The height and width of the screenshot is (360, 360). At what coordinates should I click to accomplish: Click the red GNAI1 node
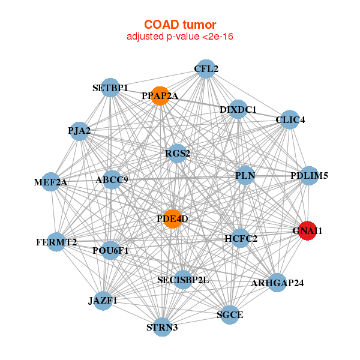tap(307, 231)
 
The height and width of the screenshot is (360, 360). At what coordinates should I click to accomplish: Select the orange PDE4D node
tap(172, 219)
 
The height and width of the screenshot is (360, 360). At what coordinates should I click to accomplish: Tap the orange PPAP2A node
tap(160, 96)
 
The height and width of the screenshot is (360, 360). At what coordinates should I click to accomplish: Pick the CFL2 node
tap(206, 69)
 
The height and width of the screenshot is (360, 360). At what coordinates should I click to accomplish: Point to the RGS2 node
tap(177, 154)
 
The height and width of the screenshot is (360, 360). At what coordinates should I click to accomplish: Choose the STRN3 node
tap(162, 327)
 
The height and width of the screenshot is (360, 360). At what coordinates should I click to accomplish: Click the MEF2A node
tap(51, 182)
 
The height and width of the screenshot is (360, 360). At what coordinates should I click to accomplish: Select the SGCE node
tap(230, 315)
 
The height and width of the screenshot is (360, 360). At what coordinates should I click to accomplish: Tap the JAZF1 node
tap(103, 301)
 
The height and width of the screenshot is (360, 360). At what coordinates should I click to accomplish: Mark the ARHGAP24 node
tap(277, 283)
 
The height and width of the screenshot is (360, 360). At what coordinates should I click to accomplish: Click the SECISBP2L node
tap(183, 280)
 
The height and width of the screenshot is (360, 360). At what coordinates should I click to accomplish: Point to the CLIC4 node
tap(290, 119)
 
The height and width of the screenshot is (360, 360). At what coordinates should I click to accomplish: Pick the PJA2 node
tap(79, 131)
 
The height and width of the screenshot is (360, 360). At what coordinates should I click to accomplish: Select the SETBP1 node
tap(110, 88)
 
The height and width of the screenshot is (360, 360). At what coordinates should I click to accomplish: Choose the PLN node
tap(245, 175)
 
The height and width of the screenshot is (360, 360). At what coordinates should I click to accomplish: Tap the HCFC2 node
tap(241, 238)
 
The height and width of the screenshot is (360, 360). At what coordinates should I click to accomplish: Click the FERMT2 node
tap(56, 242)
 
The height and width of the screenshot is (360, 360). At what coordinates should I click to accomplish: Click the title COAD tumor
tap(180, 25)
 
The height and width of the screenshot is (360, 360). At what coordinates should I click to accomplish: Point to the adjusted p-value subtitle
tap(180, 37)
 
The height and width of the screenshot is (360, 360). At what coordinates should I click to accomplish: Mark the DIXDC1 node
tap(238, 109)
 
